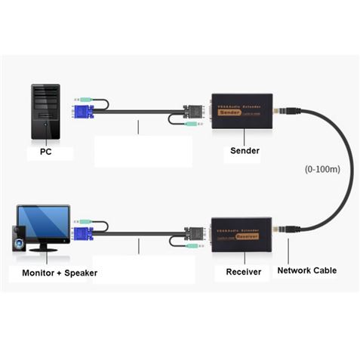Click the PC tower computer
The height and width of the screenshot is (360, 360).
pyautogui.click(x=45, y=110)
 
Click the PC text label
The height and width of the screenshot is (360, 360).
pyautogui.click(x=45, y=152)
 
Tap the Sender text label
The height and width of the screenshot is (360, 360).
pyautogui.click(x=244, y=150)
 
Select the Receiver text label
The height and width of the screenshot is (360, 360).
pyautogui.click(x=243, y=270)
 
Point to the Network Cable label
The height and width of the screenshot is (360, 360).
pyautogui.click(x=306, y=270)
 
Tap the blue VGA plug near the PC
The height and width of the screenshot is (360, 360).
pyautogui.click(x=82, y=113)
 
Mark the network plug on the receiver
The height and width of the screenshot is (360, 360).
pyautogui.click(x=285, y=227)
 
